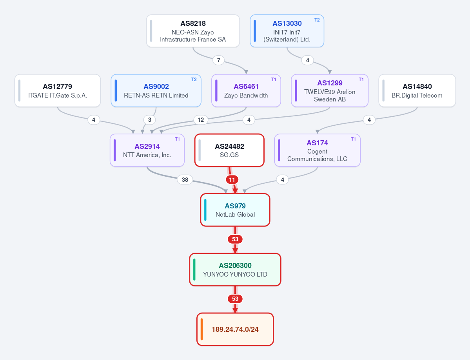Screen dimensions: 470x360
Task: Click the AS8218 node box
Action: [x=193, y=31]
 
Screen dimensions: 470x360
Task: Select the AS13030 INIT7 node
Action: [x=287, y=31]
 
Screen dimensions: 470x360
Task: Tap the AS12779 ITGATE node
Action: [x=58, y=90]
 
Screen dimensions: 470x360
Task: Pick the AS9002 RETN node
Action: [x=156, y=90]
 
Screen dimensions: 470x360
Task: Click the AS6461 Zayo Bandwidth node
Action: [x=246, y=90]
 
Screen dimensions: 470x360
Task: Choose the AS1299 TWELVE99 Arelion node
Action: [x=330, y=90]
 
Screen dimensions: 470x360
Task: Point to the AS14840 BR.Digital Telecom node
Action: [x=417, y=90]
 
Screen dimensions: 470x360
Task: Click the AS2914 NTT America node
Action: [x=147, y=150]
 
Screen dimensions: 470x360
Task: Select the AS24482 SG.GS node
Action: [x=229, y=150]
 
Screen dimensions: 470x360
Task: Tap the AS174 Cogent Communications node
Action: [x=318, y=150]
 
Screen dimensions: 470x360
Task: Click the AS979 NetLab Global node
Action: [x=235, y=210]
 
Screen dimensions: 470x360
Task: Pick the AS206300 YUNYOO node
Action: [x=235, y=270]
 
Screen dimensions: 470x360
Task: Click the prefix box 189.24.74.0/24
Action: [x=235, y=329]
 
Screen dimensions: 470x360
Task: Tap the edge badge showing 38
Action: [x=185, y=180]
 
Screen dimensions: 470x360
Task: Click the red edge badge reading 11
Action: [x=232, y=180]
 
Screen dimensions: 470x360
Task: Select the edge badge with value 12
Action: [x=201, y=120]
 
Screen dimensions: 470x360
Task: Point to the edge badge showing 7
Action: [x=219, y=60]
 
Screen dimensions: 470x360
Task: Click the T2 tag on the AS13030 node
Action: [x=317, y=20]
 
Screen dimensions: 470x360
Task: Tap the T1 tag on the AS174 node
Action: [x=354, y=139]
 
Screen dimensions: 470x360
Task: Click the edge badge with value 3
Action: [x=150, y=120]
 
